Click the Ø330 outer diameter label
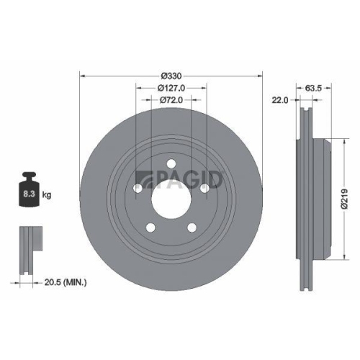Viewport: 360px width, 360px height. tap(171, 76)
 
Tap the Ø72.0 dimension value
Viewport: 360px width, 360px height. tap(172, 100)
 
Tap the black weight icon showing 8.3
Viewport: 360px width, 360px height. tap(28, 192)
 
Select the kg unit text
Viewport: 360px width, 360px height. tap(46, 195)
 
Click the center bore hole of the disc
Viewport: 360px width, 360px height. tap(171, 198)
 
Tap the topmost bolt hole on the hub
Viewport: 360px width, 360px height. tap(171, 164)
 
